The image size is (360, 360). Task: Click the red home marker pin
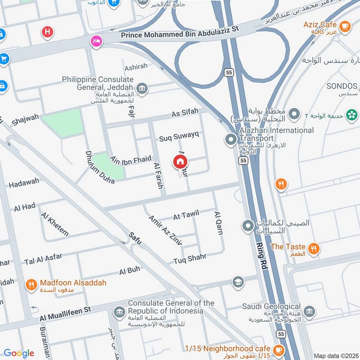[180, 162]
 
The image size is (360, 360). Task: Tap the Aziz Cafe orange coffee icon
[345, 26]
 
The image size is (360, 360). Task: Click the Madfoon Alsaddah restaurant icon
[31, 284]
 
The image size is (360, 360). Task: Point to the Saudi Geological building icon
[309, 311]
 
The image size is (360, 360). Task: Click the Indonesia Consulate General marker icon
[119, 311]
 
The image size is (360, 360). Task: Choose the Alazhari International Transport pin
[231, 139]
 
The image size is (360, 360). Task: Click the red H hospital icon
[46, 32]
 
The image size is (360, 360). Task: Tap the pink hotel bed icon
[96, 41]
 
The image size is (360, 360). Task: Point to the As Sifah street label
[184, 114]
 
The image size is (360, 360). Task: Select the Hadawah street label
[24, 183]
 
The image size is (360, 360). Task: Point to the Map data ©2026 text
[335, 356]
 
